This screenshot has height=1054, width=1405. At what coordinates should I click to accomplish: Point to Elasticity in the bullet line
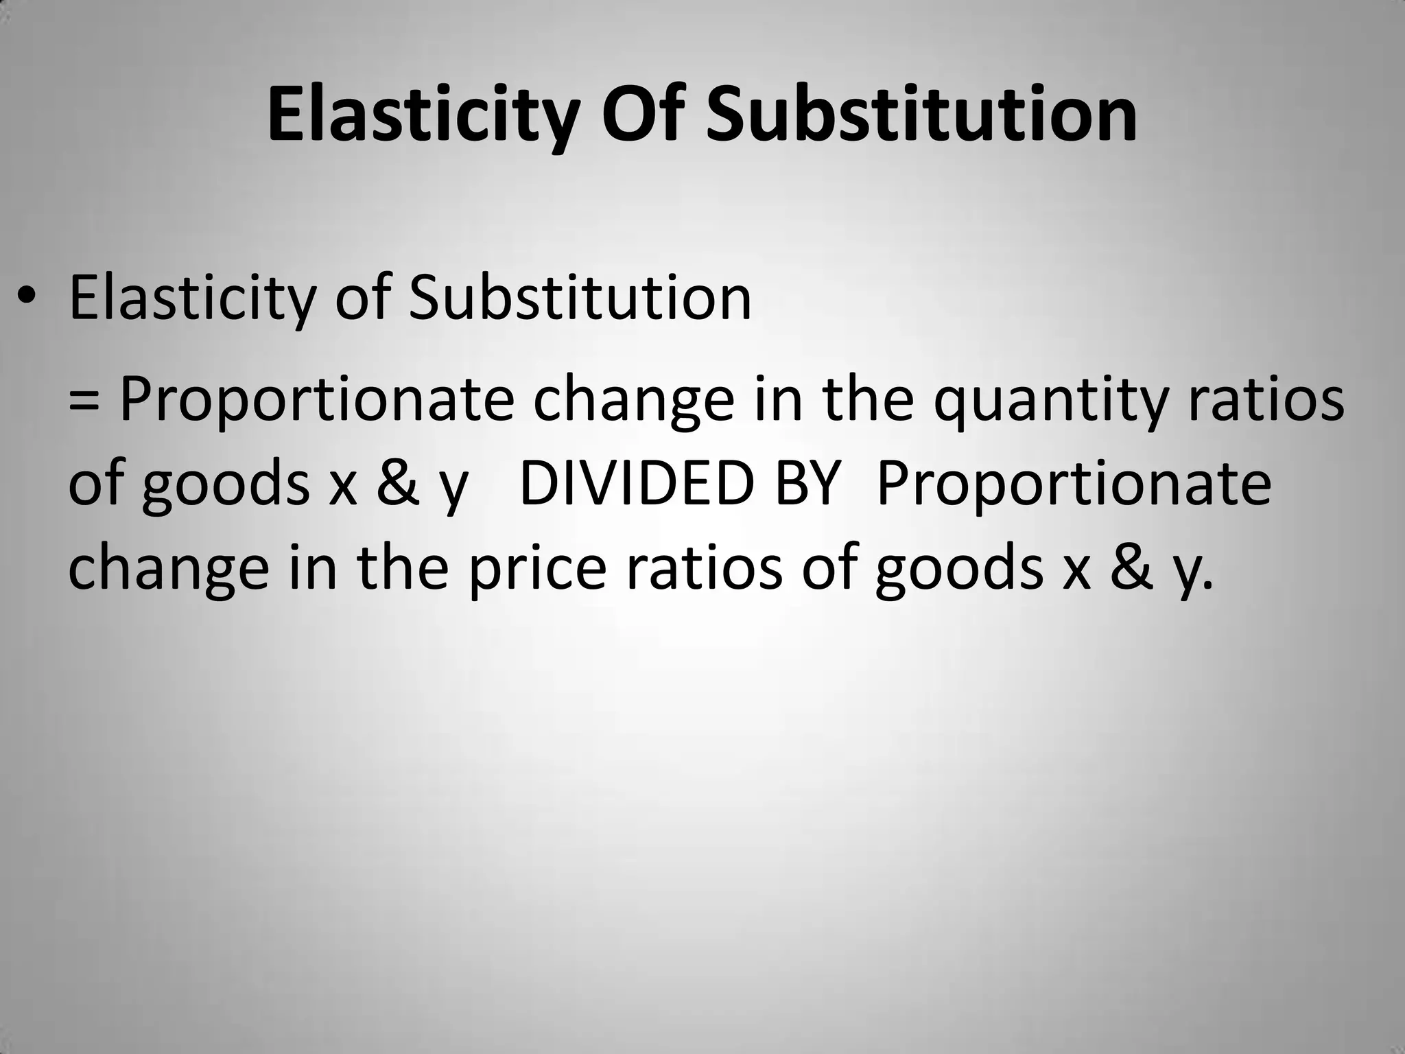(x=192, y=298)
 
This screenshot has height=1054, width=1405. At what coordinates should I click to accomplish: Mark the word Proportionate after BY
(x=1074, y=484)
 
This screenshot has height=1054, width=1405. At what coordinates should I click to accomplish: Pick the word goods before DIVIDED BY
(x=227, y=484)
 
